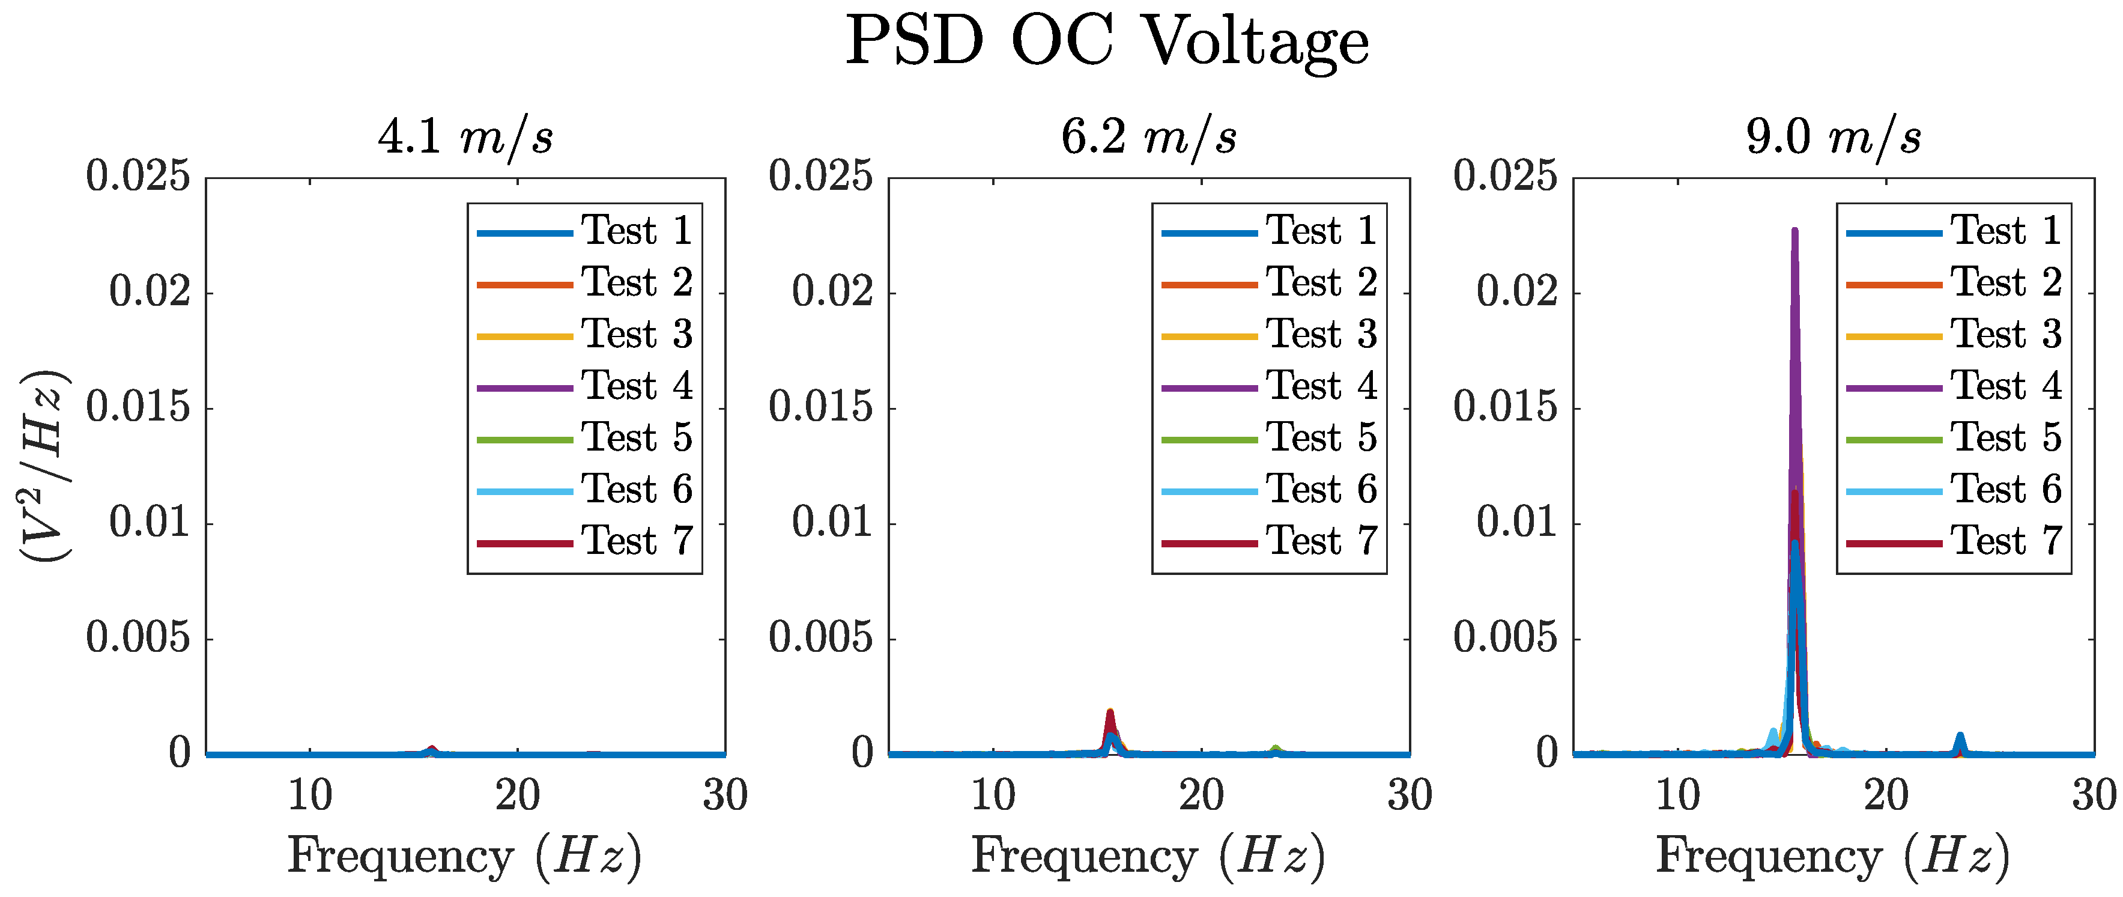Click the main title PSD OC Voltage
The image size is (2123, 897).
point(1107,41)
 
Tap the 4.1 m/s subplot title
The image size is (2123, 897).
point(465,137)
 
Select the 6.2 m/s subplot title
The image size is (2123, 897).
point(1149,137)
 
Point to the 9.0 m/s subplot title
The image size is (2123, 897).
point(1834,137)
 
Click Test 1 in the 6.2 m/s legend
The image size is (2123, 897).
point(1321,231)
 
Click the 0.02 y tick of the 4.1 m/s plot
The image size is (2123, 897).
point(150,292)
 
